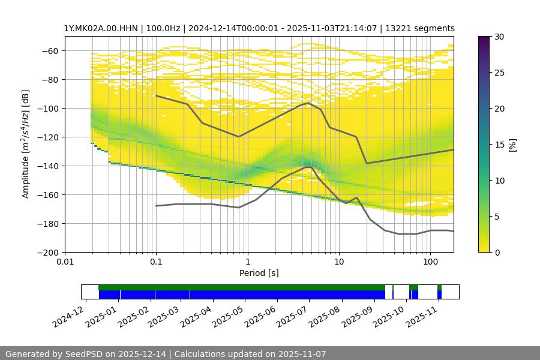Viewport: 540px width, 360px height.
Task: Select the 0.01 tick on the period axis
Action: [x=65, y=262]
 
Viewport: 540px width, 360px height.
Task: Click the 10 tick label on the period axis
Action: [x=338, y=262]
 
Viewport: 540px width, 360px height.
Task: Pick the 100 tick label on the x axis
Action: [x=430, y=262]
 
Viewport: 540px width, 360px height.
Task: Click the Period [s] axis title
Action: [x=259, y=273]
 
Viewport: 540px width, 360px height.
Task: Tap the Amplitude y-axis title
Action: [x=25, y=144]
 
